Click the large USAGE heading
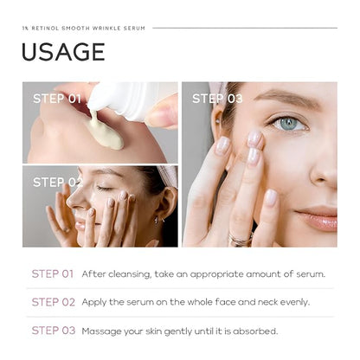pos(63,52)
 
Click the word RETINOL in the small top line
pos(45,29)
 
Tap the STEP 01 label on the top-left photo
pos(57,99)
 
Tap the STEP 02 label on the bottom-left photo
pos(58,182)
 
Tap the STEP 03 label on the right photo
pos(217,99)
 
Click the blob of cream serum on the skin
pos(106,132)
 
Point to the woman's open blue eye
pos(288,124)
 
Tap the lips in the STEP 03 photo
pos(318,219)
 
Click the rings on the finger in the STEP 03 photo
pos(241,240)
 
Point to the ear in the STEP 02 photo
pos(165,205)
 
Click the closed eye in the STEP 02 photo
pos(105,189)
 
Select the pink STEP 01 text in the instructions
pos(53,273)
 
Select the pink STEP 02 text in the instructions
pos(54,302)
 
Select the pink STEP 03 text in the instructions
pos(54,331)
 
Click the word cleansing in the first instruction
pos(130,274)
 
